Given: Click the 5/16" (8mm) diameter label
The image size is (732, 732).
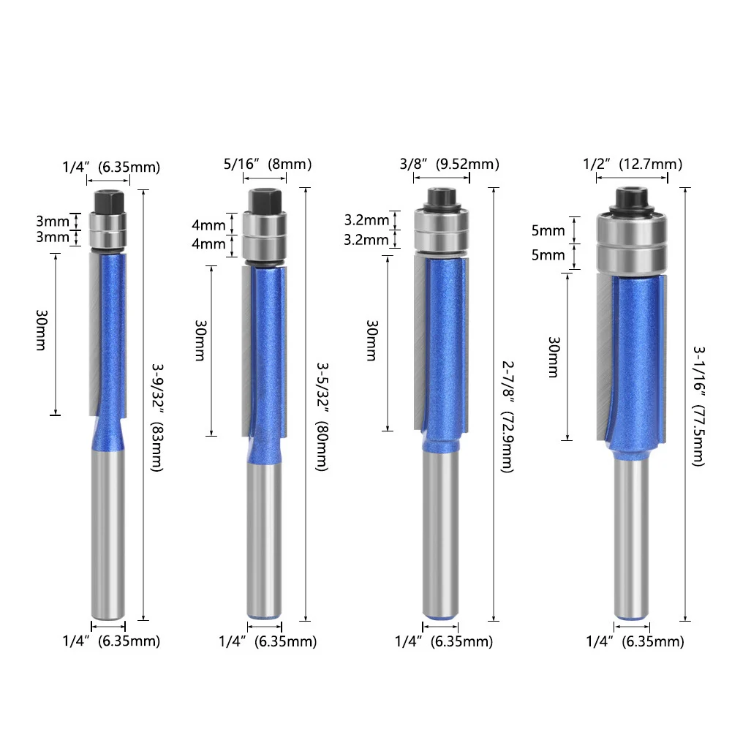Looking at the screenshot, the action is pos(268,165).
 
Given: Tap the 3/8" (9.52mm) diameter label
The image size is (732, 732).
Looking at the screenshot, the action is pos(449,165).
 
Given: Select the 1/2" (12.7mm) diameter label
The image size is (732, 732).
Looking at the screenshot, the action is pos(633,165).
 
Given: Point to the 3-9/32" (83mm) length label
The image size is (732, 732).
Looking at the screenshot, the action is pos(157,418).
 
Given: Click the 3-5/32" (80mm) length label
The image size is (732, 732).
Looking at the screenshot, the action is pos(322,417).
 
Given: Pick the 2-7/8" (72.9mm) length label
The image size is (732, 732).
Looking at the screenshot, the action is pos(508,417).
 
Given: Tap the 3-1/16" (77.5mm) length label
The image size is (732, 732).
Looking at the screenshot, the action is pos(698,406).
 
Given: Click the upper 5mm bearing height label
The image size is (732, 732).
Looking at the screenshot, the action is pos(548,230).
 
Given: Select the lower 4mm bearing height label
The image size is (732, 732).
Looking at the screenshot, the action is pos(208,244).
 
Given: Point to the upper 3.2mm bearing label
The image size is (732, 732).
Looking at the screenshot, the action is pos(366,220).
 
